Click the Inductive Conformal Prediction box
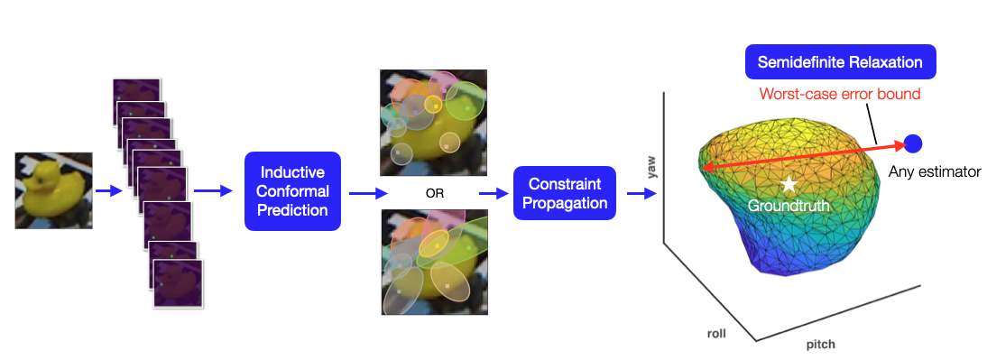294,191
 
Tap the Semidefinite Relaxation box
839,63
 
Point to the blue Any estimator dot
912,143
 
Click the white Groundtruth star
789,184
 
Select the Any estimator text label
934,171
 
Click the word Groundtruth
789,206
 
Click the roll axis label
716,333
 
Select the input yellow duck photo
53,190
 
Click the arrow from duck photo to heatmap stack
108,191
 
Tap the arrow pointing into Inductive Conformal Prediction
213,191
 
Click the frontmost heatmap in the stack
179,285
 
